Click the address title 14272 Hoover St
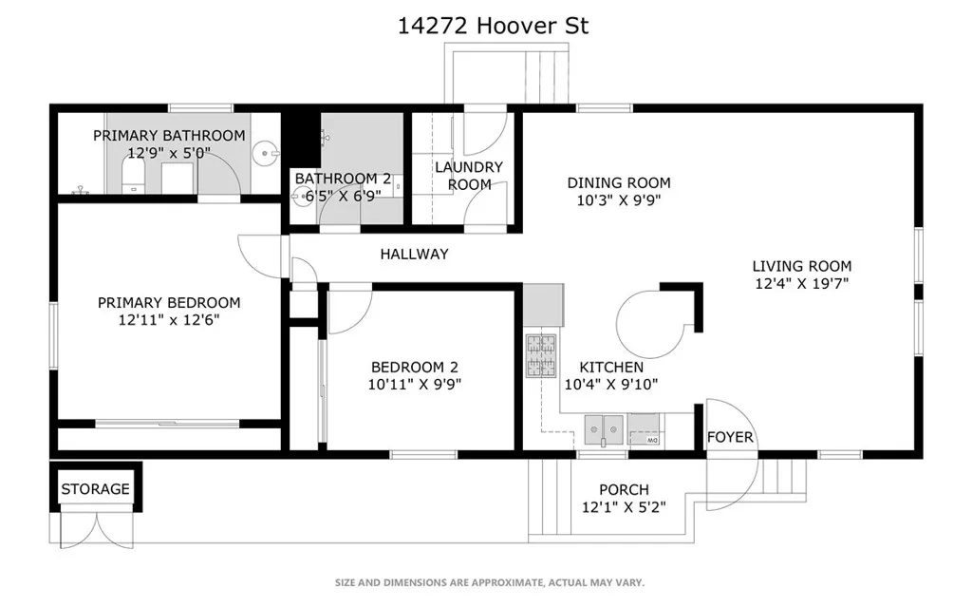(x=493, y=26)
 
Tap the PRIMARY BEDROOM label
(x=169, y=303)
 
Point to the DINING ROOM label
(x=619, y=182)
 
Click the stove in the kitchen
(x=541, y=357)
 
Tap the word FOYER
(x=730, y=437)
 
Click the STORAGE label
(x=95, y=489)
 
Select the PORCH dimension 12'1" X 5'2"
(x=624, y=507)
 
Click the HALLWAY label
(x=414, y=254)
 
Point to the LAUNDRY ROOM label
(x=469, y=176)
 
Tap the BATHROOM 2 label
(x=343, y=179)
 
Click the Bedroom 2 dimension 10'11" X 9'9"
(x=416, y=385)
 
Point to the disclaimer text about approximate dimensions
(x=490, y=582)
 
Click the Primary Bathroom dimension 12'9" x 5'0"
(x=169, y=153)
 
